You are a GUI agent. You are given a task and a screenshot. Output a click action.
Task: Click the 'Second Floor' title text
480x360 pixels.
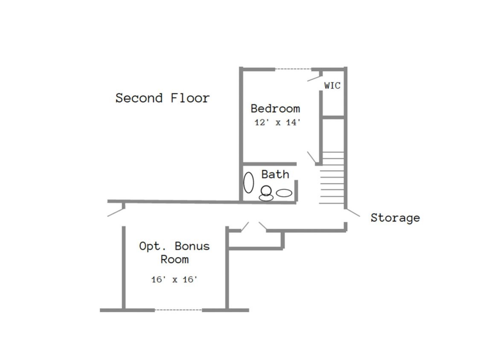[163, 98]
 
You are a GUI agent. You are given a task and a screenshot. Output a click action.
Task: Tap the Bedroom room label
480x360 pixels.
[275, 108]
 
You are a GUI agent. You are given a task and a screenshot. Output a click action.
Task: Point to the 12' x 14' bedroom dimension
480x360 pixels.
[277, 122]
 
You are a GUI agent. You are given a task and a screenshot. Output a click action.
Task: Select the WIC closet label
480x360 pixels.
[332, 85]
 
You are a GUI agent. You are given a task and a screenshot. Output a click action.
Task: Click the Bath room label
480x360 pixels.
[275, 174]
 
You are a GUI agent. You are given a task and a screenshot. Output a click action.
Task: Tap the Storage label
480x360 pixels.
[395, 218]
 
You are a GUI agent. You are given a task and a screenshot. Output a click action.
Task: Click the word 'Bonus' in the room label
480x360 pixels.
[192, 246]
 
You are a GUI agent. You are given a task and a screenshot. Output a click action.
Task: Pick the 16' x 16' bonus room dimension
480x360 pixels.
[175, 279]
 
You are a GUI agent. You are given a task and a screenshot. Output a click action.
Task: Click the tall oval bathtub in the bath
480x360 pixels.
[249, 183]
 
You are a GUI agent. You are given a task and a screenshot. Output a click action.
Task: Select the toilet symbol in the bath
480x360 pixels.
[266, 194]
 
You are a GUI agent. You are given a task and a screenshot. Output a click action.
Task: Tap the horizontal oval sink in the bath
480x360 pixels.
[284, 193]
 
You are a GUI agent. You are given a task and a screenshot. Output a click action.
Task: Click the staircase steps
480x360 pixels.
[332, 177]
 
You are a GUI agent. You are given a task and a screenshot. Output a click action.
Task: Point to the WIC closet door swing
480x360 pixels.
[314, 78]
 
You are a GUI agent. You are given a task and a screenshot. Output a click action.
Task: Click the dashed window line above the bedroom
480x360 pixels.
[293, 69]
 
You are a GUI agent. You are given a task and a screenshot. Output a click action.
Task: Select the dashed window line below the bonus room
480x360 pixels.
[178, 310]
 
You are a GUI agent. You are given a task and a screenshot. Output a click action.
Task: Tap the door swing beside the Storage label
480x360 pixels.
[353, 213]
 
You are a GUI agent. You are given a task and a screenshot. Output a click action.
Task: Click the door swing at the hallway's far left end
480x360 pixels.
[116, 212]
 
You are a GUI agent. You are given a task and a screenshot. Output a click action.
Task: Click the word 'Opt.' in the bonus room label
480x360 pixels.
[152, 246]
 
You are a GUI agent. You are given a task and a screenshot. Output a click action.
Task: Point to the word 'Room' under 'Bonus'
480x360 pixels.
[175, 260]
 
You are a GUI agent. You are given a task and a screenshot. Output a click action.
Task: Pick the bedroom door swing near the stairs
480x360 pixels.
[311, 157]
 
